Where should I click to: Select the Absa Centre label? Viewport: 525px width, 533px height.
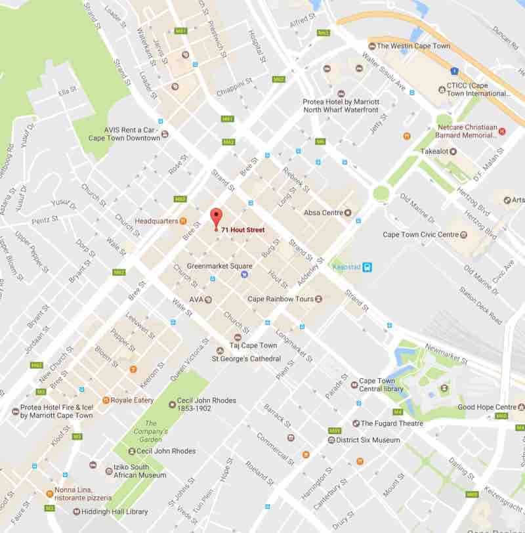pos(324,213)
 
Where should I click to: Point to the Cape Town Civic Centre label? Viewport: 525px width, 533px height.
pos(420,234)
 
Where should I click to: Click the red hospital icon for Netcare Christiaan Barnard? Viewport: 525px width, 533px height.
pos(503,131)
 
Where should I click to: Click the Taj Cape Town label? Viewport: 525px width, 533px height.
pos(253,346)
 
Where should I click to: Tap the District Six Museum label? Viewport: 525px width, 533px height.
pos(367,440)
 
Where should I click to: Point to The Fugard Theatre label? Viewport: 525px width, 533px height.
pos(392,423)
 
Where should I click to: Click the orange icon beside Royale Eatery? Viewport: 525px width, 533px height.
pos(105,400)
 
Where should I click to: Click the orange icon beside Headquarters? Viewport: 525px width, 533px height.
pos(183,221)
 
